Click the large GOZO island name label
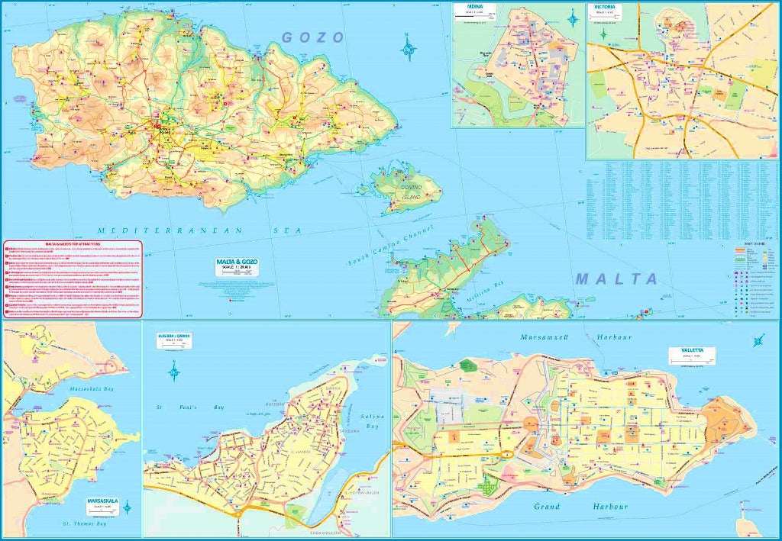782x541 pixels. click(313, 37)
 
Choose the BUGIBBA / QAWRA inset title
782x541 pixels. click(174, 336)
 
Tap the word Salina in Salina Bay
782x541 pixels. click(372, 417)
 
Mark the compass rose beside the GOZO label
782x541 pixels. click(409, 51)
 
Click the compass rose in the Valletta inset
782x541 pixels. click(759, 342)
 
